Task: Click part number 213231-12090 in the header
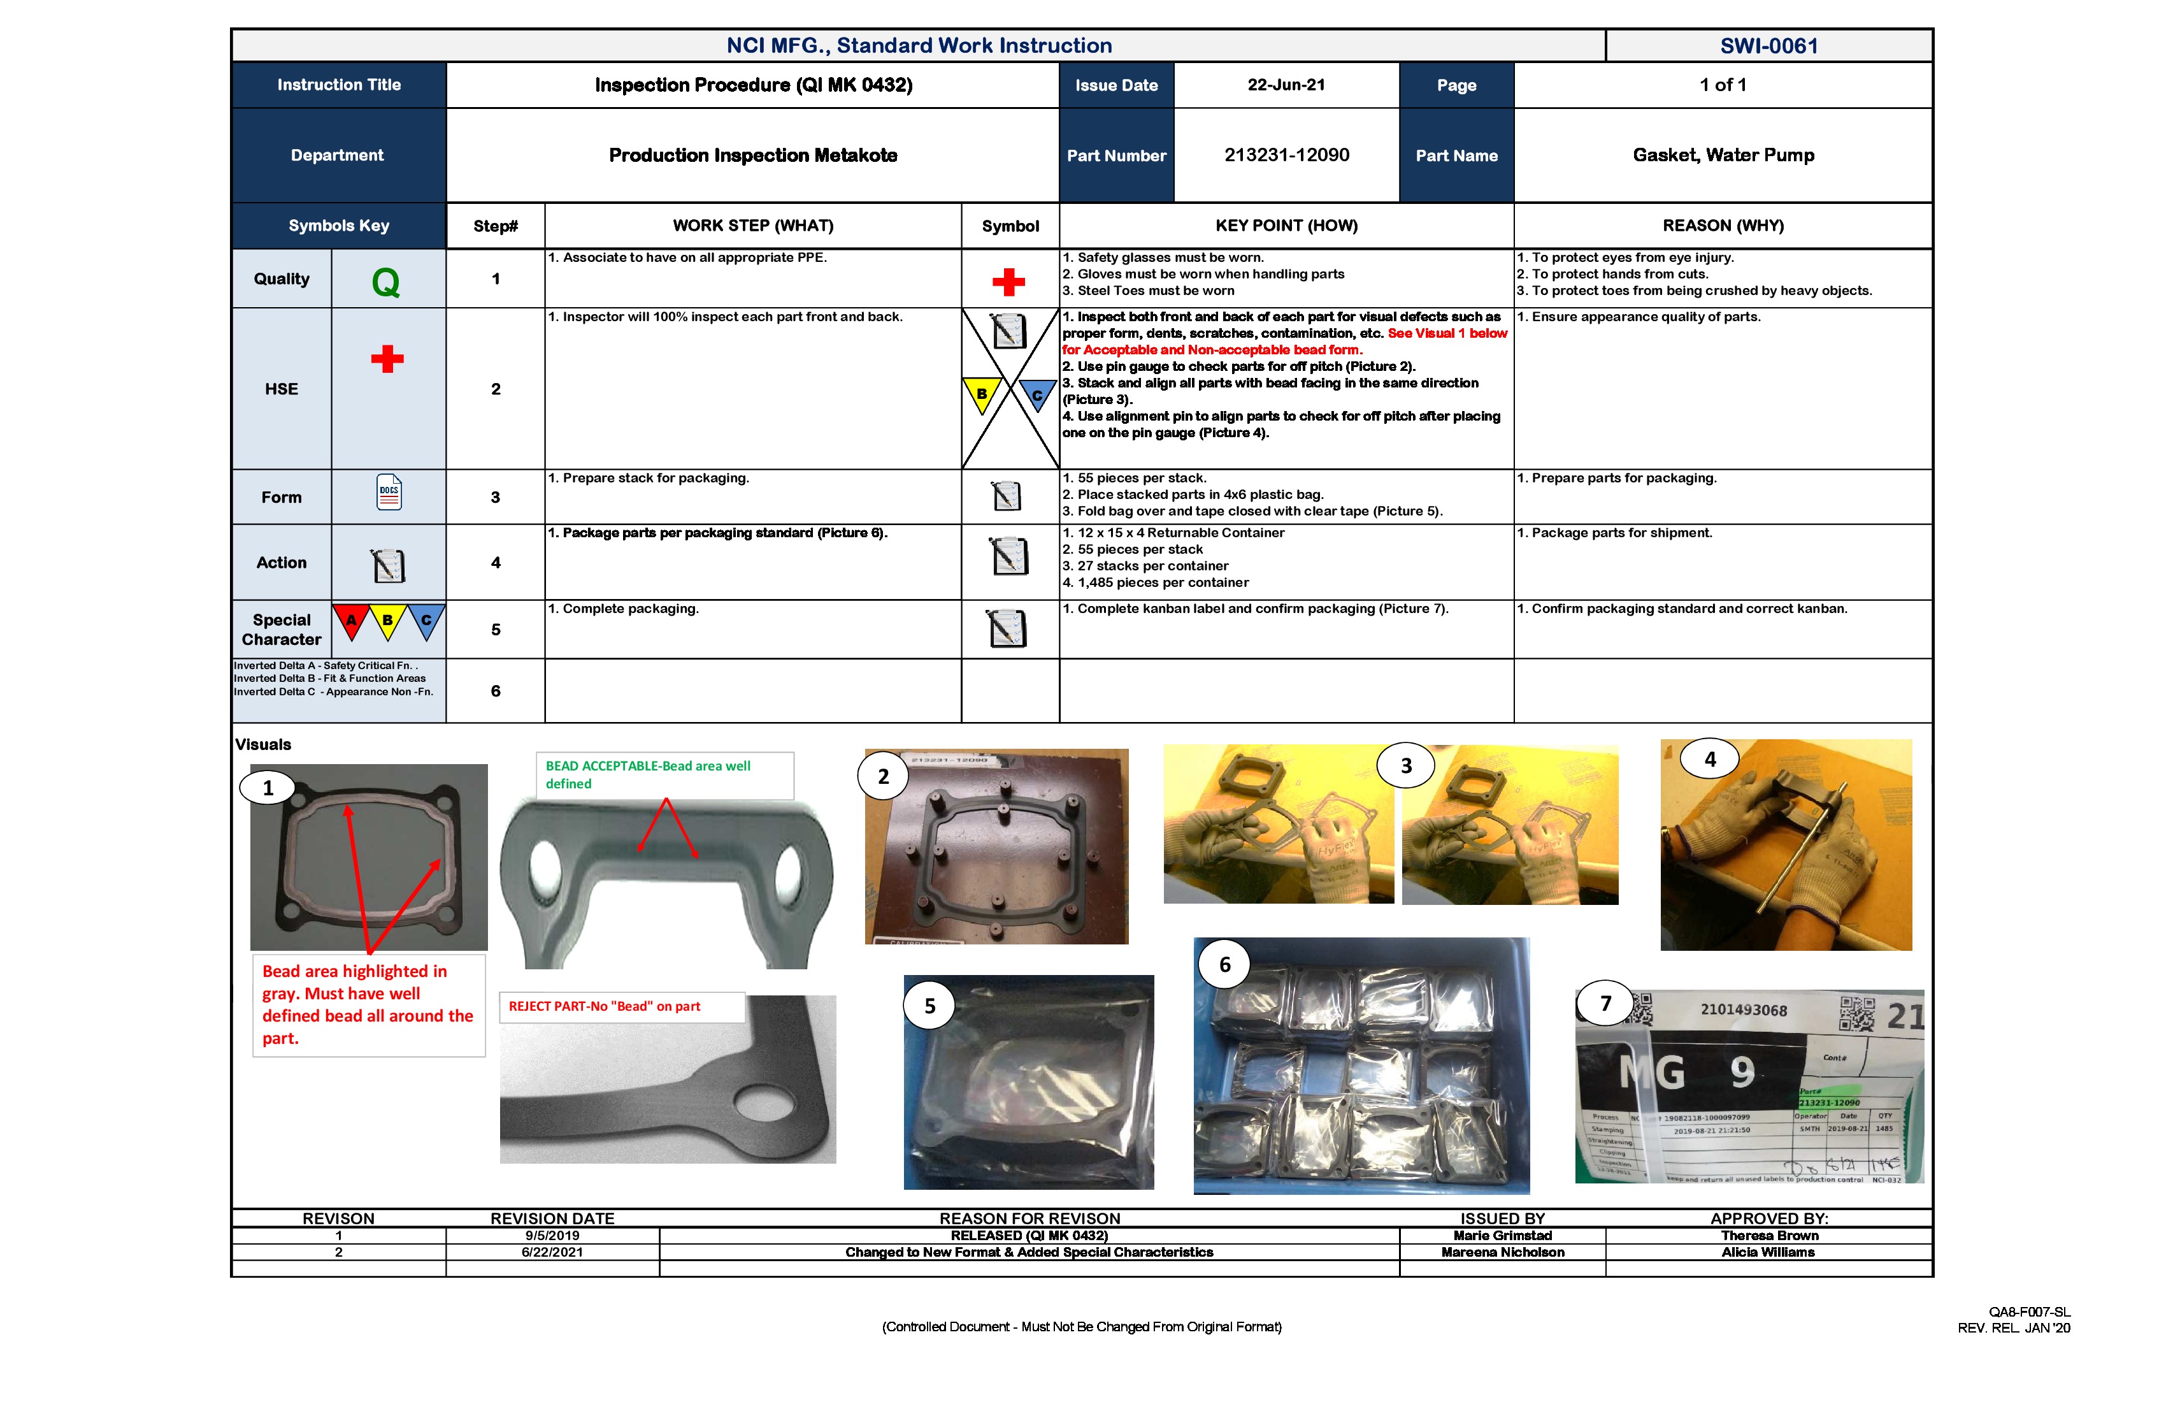point(1286,155)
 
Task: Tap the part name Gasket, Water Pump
point(1723,155)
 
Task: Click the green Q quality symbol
point(386,282)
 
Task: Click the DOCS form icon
point(389,493)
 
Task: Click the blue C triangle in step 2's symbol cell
point(1036,394)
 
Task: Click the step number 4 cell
point(495,563)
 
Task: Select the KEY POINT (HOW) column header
point(1286,226)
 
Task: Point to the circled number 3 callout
point(1405,765)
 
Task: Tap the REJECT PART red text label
point(605,1006)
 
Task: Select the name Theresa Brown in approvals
point(1768,1236)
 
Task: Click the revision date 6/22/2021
point(552,1252)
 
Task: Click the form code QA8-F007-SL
point(2028,1312)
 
